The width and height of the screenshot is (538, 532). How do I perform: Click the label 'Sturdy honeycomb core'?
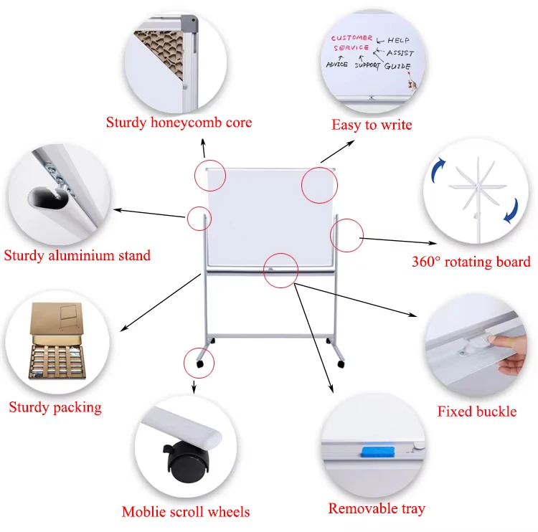click(x=179, y=123)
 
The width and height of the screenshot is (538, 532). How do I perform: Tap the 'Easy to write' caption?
click(x=372, y=125)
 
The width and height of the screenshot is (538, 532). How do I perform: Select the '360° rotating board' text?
click(x=471, y=262)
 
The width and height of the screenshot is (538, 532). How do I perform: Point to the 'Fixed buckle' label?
click(x=476, y=412)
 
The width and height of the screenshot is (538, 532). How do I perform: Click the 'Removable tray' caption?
click(x=377, y=509)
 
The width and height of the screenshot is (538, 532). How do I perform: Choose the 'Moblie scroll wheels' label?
click(x=186, y=512)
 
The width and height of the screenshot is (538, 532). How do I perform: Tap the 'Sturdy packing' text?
click(x=55, y=408)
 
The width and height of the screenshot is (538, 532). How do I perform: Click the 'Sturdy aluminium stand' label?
click(x=77, y=255)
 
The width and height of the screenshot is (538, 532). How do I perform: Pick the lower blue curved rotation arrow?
click(x=510, y=210)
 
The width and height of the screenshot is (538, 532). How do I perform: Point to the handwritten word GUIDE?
click(x=397, y=67)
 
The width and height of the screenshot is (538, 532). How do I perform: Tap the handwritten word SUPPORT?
click(x=367, y=65)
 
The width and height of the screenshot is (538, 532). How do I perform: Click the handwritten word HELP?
click(x=398, y=40)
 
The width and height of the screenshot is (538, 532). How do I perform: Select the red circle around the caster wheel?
click(x=199, y=363)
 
